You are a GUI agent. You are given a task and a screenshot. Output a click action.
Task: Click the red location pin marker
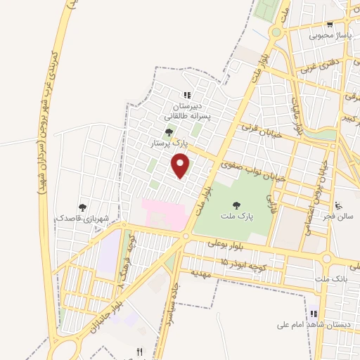(x=182, y=166)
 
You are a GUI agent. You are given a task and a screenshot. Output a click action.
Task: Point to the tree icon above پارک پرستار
(x=169, y=130)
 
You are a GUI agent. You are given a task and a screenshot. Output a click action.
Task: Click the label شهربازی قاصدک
(x=83, y=219)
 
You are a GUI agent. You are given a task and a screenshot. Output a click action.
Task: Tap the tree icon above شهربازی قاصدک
(x=83, y=207)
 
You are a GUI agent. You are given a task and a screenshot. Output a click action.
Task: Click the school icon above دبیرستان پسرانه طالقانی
(x=187, y=95)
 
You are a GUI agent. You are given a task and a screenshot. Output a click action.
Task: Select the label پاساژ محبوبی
(x=329, y=34)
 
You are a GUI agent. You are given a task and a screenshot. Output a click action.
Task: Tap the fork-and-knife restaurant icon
(x=139, y=352)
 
